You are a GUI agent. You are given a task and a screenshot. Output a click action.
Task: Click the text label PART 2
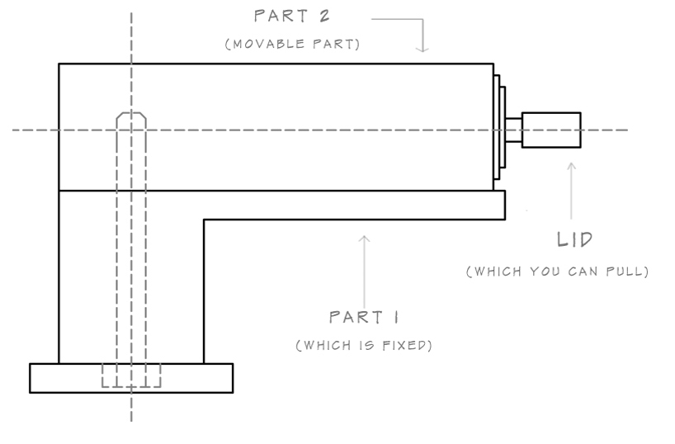(x=292, y=17)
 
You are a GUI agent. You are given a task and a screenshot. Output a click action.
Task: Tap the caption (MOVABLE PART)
(x=292, y=45)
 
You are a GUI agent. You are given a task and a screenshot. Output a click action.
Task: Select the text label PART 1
(x=364, y=317)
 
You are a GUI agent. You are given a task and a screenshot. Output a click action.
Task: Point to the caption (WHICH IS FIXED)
(x=364, y=345)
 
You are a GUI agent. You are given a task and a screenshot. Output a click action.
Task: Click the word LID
(x=574, y=240)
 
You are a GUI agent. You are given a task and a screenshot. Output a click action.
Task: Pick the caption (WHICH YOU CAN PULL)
(x=557, y=272)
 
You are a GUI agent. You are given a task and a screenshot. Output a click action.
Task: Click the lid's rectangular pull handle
(x=551, y=130)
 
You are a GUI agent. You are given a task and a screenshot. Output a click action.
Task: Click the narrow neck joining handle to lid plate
(x=513, y=130)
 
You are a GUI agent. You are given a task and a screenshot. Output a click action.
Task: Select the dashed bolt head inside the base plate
(x=131, y=376)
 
